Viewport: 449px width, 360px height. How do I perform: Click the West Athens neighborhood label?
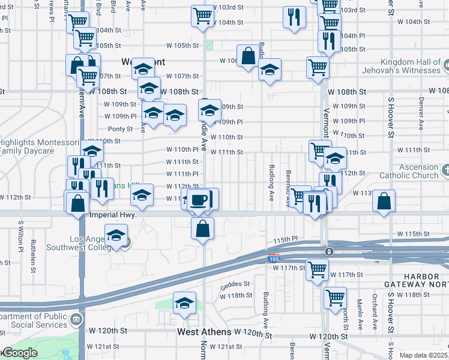[x=204, y=332]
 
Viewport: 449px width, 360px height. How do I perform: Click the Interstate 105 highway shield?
[x=273, y=257]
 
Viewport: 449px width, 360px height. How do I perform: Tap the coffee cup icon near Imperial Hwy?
[x=198, y=200]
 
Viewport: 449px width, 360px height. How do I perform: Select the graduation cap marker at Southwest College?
[x=116, y=235]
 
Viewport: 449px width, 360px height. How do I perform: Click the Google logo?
[x=20, y=353]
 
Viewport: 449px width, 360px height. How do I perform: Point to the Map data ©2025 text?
[x=424, y=355]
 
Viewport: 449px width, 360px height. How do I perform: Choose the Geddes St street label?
[x=235, y=284]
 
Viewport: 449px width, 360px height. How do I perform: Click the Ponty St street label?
[x=120, y=129]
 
